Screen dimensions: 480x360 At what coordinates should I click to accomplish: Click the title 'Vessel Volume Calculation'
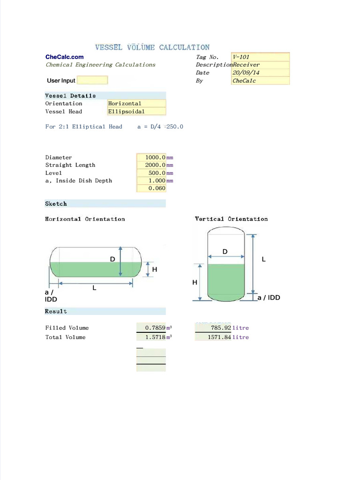click(x=152, y=47)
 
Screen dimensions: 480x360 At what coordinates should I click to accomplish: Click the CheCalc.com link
click(x=64, y=57)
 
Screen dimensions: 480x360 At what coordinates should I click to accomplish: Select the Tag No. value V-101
click(x=260, y=57)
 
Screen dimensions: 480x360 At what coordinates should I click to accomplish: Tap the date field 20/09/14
click(x=260, y=73)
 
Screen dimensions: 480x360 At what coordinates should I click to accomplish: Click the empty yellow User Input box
click(x=92, y=81)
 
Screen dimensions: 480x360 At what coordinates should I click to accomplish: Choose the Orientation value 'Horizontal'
click(x=136, y=104)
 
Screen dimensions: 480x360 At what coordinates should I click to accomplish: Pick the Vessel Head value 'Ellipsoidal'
click(x=136, y=112)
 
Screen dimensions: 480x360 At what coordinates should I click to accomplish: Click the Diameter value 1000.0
click(x=151, y=157)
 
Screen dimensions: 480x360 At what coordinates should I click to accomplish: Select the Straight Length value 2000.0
click(x=151, y=165)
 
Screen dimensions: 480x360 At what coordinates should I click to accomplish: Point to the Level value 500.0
click(x=151, y=173)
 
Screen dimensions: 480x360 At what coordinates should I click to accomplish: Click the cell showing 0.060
click(x=151, y=188)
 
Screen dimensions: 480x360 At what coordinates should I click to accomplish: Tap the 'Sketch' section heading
click(x=56, y=204)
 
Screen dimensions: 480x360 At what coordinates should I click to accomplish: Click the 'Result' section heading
click(x=56, y=311)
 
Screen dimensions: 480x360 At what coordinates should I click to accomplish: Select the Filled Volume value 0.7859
click(x=151, y=328)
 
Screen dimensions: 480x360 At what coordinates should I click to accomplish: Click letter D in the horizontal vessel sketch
click(x=112, y=259)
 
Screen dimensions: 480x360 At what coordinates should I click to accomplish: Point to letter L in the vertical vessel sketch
click(x=264, y=259)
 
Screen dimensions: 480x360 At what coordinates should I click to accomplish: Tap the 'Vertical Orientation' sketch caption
click(x=231, y=219)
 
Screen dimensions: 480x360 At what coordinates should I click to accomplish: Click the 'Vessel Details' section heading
click(x=70, y=96)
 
